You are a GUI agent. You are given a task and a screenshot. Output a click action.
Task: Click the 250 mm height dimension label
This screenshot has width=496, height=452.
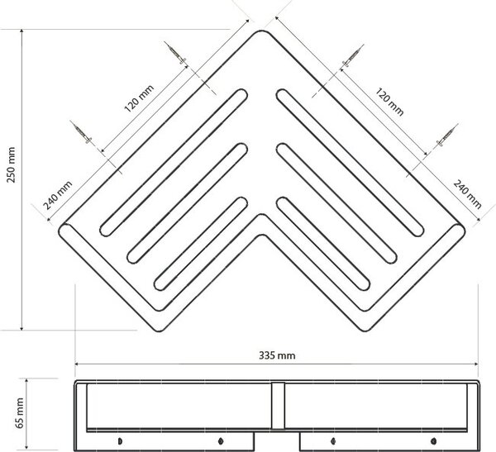coord(11,164)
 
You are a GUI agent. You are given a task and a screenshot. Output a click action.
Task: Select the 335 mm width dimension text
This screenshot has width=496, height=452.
coord(277,355)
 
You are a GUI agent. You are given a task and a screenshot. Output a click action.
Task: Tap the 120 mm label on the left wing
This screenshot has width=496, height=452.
coord(139,98)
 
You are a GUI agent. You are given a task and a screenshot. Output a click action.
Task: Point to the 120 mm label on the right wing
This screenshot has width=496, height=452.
coord(389,102)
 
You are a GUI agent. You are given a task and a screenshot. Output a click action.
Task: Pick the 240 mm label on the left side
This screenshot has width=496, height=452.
coord(58,195)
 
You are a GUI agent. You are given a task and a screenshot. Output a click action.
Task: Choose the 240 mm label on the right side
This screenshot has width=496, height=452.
coord(467,194)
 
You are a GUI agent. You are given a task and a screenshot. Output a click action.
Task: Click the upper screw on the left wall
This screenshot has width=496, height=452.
coord(175,53)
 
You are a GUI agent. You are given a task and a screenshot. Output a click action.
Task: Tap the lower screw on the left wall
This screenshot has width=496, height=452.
coord(81,131)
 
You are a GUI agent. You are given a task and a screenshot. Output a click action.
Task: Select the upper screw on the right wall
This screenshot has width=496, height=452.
coord(353,55)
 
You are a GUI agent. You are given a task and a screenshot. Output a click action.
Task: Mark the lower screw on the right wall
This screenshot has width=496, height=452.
coord(447,135)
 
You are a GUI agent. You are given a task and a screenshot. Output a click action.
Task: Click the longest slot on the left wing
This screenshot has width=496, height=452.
coord(174,163)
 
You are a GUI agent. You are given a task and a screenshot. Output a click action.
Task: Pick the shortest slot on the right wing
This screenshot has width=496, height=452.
coord(323,244)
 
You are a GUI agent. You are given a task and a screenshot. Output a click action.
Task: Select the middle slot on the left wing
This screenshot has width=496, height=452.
coord(188,203)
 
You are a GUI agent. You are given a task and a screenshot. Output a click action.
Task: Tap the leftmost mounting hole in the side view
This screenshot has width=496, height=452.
coord(120,441)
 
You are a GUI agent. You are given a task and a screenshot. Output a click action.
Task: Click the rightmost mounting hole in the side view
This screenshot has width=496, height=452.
coord(433,440)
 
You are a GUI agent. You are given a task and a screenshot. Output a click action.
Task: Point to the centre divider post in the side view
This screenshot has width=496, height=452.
coord(278,406)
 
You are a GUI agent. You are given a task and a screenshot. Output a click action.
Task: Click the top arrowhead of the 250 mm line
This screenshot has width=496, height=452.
coord(21,31)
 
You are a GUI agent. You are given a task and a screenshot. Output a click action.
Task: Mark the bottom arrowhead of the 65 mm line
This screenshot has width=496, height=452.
coord(26,447)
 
